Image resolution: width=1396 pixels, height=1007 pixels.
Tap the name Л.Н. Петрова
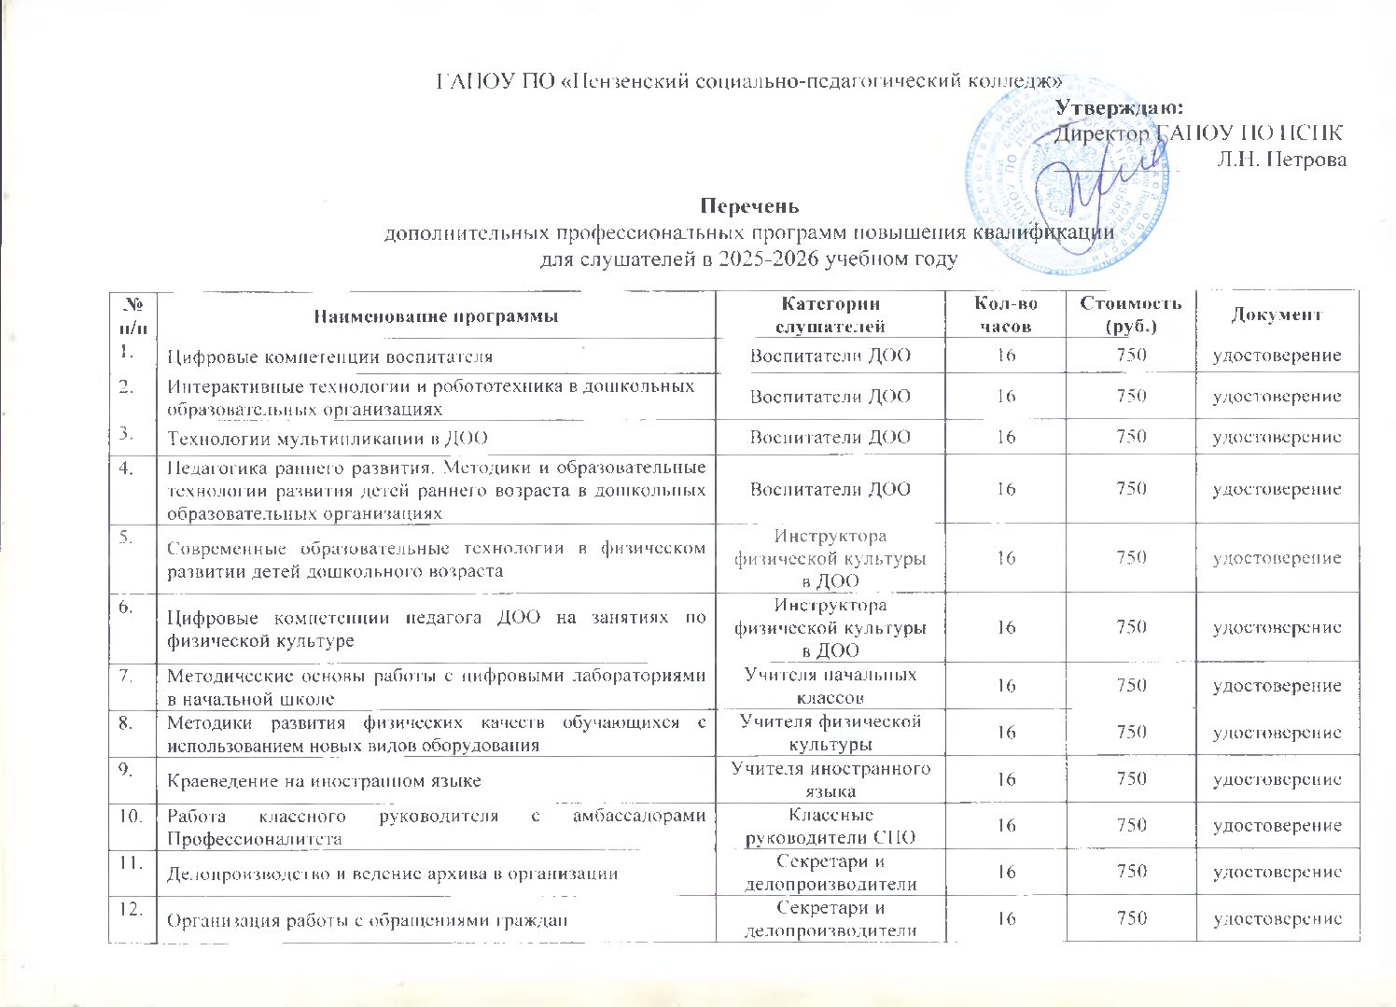coord(1281,159)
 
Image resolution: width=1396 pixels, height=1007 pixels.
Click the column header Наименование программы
coord(436,316)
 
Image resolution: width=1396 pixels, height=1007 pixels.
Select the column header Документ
coord(1277,315)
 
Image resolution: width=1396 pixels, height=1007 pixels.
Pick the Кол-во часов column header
coord(1005,315)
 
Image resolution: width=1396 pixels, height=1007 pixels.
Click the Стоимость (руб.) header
coord(1130,315)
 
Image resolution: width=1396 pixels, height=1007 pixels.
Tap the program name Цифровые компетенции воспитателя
coord(329,357)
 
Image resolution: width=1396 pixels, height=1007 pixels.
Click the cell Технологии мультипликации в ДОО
coord(327,438)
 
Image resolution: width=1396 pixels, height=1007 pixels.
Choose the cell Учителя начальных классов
coord(830,686)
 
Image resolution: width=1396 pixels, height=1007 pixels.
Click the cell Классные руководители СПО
coord(830,826)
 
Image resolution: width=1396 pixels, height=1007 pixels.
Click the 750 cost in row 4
coord(1130,489)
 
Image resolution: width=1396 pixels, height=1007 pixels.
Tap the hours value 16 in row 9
coord(1005,780)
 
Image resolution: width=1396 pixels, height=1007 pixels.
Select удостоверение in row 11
coord(1277,872)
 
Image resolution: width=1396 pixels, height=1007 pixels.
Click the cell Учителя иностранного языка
coord(830,779)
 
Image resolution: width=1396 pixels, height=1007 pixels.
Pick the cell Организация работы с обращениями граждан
coord(368,919)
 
